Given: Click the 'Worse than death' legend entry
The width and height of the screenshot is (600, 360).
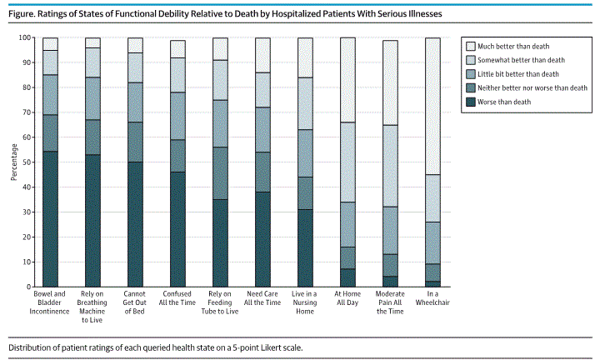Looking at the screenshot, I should tap(509, 102).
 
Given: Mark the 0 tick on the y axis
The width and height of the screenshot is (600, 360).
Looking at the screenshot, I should tap(28, 287).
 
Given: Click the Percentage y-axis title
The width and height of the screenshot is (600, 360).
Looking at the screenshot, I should tap(13, 162).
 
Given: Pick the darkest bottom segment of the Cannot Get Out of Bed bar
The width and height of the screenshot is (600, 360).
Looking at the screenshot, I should tap(135, 224).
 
